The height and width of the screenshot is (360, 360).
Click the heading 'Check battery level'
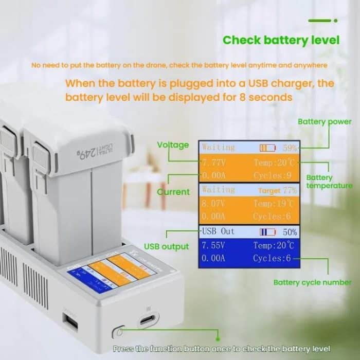tap(281, 40)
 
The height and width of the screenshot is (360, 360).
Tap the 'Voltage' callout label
tap(173, 145)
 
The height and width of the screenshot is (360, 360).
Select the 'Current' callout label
tap(173, 192)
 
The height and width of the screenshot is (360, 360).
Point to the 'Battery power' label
tap(325, 122)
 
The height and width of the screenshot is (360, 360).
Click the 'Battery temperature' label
tap(329, 182)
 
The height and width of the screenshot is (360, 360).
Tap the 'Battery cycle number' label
tap(312, 282)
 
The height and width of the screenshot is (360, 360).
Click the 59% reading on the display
tap(290, 148)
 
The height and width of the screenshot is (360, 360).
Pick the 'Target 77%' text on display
tap(277, 190)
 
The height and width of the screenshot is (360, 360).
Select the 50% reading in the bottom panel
tap(290, 232)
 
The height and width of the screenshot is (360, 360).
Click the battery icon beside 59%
tap(267, 148)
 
